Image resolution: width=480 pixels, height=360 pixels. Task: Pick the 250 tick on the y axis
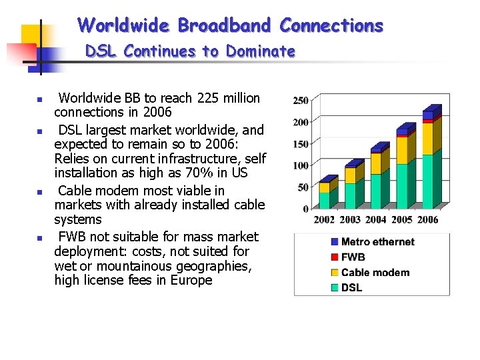pyautogui.click(x=300, y=101)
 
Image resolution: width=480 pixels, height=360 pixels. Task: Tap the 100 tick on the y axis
pyautogui.click(x=300, y=165)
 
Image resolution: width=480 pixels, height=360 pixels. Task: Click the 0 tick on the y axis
pyautogui.click(x=305, y=209)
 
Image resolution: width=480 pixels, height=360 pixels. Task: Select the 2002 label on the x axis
pyautogui.click(x=324, y=220)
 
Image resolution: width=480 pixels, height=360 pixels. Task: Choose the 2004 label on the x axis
pyautogui.click(x=376, y=220)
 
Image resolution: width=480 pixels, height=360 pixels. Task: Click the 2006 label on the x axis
pyautogui.click(x=427, y=220)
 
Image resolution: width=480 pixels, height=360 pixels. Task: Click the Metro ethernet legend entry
pyautogui.click(x=377, y=242)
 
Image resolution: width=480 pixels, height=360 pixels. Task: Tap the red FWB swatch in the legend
pyautogui.click(x=335, y=257)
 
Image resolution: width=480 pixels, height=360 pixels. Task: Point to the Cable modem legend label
pyautogui.click(x=375, y=273)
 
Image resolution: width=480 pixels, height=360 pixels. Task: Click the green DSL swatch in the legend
pyautogui.click(x=335, y=288)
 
